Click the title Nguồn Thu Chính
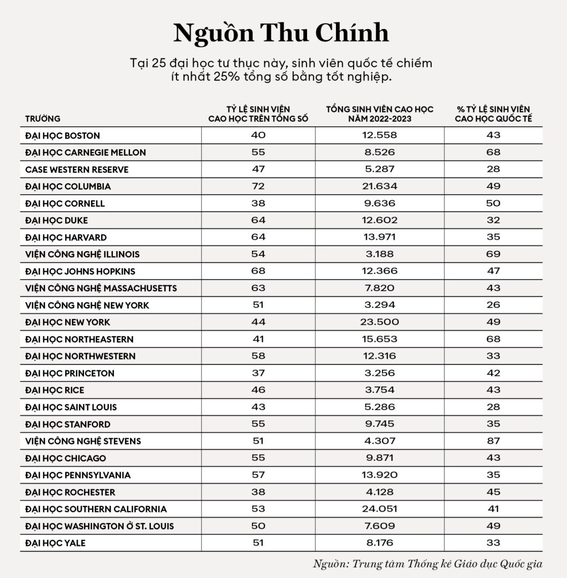[x=281, y=33]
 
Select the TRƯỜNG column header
[x=43, y=119]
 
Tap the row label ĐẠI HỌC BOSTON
[x=63, y=135]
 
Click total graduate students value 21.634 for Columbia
[x=379, y=186]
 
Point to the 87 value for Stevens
[x=493, y=441]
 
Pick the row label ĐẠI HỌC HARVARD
[x=66, y=237]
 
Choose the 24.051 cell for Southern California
[x=379, y=509]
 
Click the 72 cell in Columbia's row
[x=258, y=186]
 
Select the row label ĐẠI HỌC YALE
[x=55, y=543]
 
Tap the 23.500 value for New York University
[x=379, y=322]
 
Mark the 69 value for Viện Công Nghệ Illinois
[x=493, y=254]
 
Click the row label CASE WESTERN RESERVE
[x=77, y=170]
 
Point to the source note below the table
[x=427, y=564]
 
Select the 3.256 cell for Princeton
[x=379, y=373]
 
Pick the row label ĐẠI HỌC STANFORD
[x=68, y=424]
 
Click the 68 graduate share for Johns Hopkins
[x=258, y=271]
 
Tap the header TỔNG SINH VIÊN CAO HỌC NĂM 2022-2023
[x=379, y=114]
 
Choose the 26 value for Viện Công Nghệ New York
[x=493, y=305]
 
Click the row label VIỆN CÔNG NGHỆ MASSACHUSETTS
[x=101, y=288]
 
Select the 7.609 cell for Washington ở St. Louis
[x=379, y=526]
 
